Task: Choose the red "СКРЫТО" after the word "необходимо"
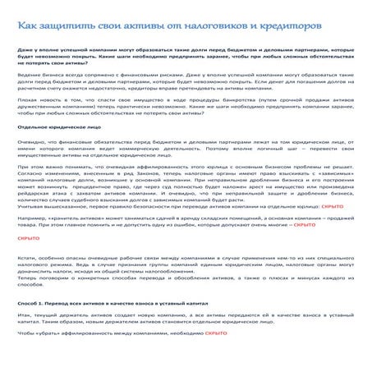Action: (x=215, y=358)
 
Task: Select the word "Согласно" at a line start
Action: (x=30, y=172)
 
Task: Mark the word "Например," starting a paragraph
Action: (x=32, y=218)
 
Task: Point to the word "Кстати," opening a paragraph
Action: (x=28, y=257)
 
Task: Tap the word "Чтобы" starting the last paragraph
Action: (x=27, y=358)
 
